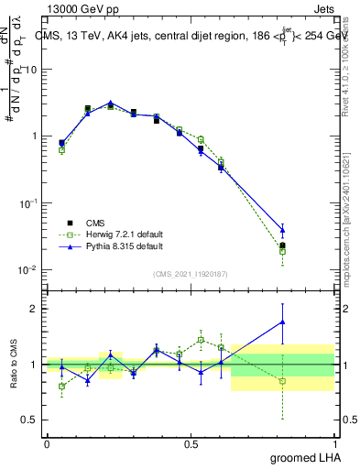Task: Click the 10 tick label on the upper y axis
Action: [x=30, y=70]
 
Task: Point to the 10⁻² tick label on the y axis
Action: [x=27, y=270]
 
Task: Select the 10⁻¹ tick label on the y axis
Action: [x=27, y=203]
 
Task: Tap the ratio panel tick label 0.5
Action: [x=31, y=420]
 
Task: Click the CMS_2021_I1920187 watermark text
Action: [x=190, y=274]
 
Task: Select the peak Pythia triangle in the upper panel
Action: [x=111, y=104]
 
